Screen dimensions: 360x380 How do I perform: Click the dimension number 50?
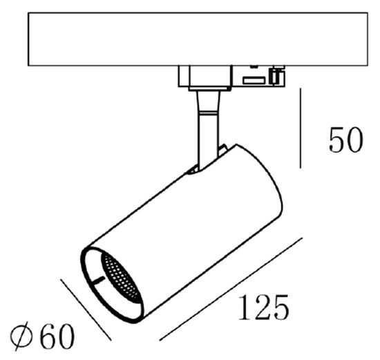click(x=345, y=141)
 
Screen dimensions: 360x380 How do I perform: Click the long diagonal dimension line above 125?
click(x=231, y=289)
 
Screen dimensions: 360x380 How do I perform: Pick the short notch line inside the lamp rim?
click(x=100, y=280)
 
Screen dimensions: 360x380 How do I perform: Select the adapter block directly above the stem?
click(x=205, y=77)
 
